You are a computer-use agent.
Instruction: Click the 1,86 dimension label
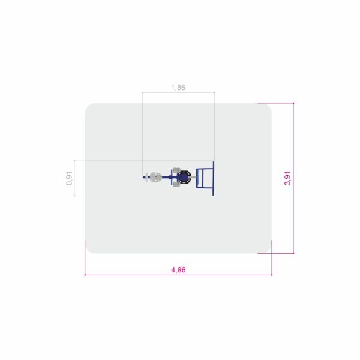click(178, 88)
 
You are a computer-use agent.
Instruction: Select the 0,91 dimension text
click(69, 178)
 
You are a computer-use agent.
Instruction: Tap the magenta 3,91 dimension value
click(287, 178)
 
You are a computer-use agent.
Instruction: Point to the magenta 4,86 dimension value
click(178, 270)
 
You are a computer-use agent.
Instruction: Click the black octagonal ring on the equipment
click(184, 177)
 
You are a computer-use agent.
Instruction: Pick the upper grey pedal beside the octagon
click(177, 170)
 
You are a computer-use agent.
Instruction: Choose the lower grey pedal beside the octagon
click(176, 184)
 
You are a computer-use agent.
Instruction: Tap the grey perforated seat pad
click(156, 177)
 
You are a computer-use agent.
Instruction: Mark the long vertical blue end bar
click(213, 178)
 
